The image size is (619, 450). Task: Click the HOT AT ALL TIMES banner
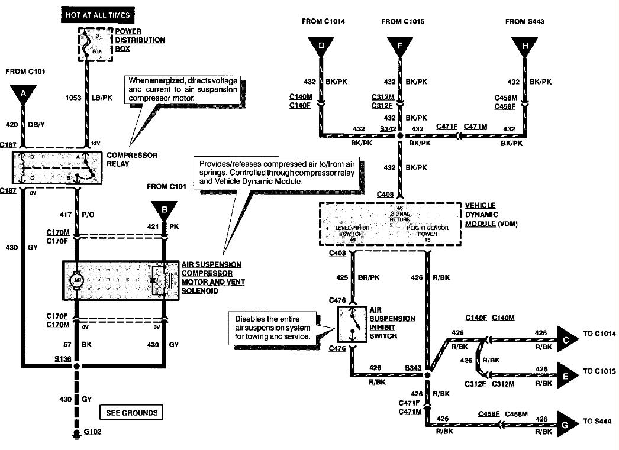pyautogui.click(x=98, y=14)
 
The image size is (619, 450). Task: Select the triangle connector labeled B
pyautogui.click(x=164, y=209)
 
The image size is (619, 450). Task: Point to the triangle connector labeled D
pyautogui.click(x=321, y=46)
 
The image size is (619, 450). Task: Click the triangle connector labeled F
pyautogui.click(x=400, y=46)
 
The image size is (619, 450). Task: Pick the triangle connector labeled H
pyautogui.click(x=525, y=46)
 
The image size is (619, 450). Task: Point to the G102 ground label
pyautogui.click(x=92, y=432)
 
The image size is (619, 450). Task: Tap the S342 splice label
pyautogui.click(x=388, y=128)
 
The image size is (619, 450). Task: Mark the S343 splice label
pyautogui.click(x=414, y=368)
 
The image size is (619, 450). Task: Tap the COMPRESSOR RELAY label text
pyautogui.click(x=132, y=160)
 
